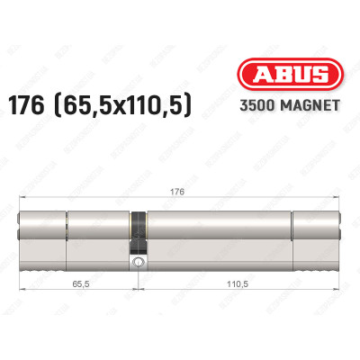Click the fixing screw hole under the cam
[x=137, y=263]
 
